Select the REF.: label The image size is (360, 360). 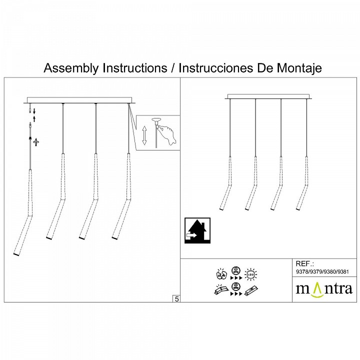304,263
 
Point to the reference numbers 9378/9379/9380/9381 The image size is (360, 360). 322,272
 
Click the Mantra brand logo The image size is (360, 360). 324,289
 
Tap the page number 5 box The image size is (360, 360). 176,299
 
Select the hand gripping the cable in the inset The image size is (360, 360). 167,132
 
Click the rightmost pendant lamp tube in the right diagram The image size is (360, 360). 302,185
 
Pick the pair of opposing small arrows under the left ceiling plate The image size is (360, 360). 33,113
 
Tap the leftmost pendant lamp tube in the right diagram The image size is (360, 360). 227,185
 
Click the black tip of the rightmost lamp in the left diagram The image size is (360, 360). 113,238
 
